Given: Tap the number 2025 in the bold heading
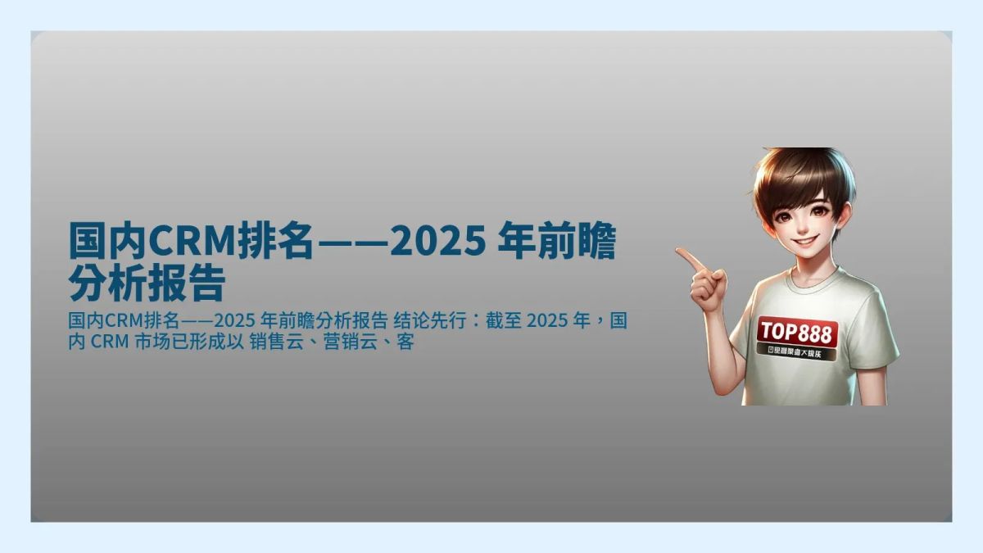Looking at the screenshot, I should pos(434,242).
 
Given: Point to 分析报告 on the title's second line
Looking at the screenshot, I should pos(147,283).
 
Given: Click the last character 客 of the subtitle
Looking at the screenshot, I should pos(405,342).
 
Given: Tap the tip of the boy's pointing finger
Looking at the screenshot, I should pos(679,252).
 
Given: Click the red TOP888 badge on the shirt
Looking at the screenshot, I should pos(796,332).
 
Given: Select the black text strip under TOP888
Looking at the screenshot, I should pos(796,353).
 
